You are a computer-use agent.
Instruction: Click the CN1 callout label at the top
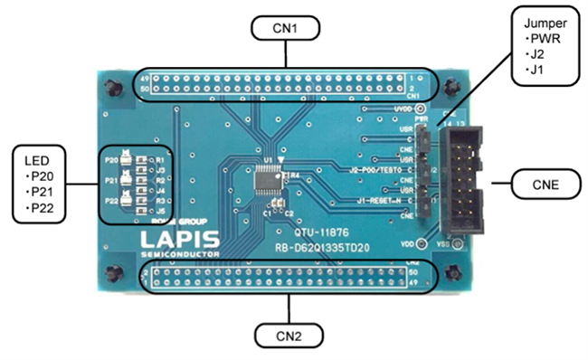click(x=287, y=28)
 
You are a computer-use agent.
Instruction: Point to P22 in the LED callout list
click(x=42, y=209)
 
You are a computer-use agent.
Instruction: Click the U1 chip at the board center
click(x=271, y=182)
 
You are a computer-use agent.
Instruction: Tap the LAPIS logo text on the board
click(x=177, y=241)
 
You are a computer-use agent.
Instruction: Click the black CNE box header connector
click(x=464, y=176)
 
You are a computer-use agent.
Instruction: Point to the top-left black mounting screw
click(x=111, y=88)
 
